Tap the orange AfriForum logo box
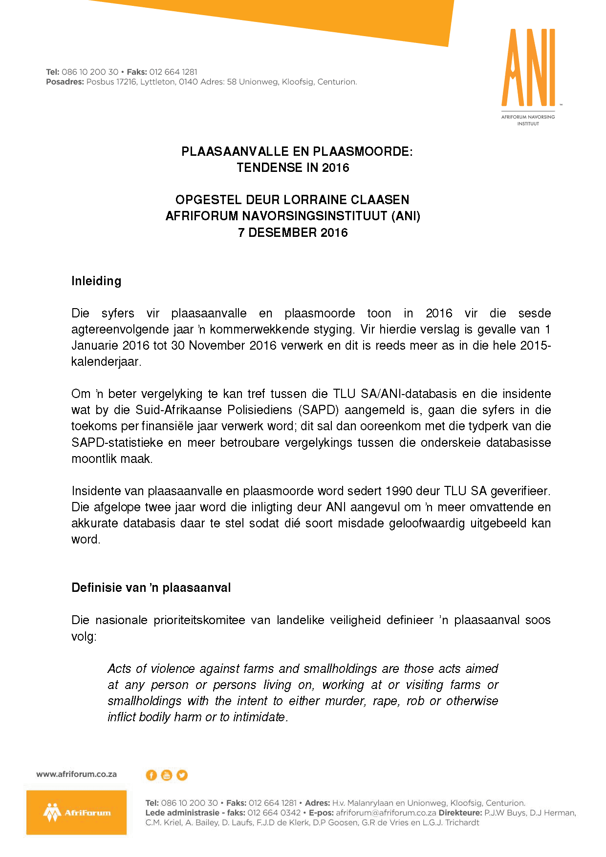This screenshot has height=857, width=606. pyautogui.click(x=76, y=812)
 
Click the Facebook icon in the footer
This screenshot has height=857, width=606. pyautogui.click(x=151, y=775)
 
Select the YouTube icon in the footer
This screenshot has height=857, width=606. pyautogui.click(x=167, y=775)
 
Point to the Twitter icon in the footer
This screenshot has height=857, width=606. pyautogui.click(x=182, y=775)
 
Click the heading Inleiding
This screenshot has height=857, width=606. pyautogui.click(x=96, y=281)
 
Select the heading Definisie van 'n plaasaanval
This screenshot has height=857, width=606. pyautogui.click(x=151, y=587)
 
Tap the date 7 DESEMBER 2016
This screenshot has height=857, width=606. pyautogui.click(x=293, y=232)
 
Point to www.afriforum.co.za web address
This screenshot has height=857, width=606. pyautogui.click(x=76, y=774)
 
